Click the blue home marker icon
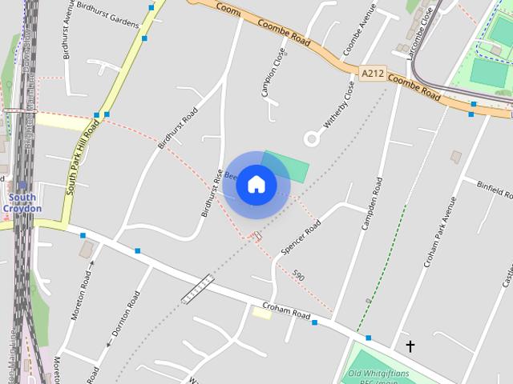coord(256,185)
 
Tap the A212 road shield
coord(371,74)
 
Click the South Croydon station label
coord(22,203)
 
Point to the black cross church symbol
coord(410,346)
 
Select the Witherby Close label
coord(339,105)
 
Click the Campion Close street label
coord(273,71)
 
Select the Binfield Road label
coord(495,190)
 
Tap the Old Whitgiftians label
coord(378,374)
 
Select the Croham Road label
coord(286,311)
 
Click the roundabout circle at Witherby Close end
coord(313,138)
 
